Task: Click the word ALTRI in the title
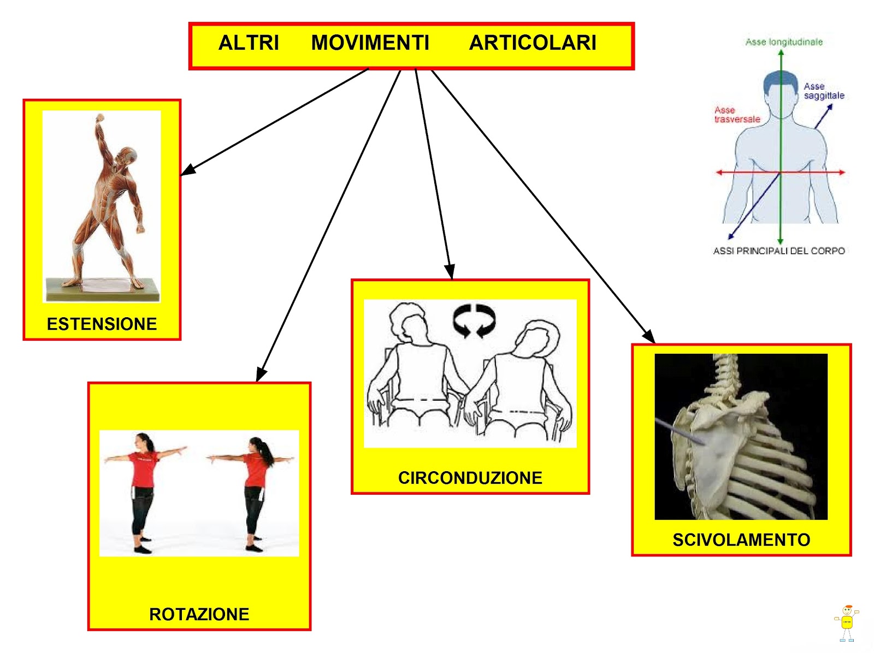coord(249,43)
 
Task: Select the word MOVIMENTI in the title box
coord(370,43)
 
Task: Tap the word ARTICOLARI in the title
coord(533,43)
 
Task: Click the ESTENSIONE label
coord(102,324)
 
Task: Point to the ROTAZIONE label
coord(199,614)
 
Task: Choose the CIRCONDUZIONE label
coord(470,478)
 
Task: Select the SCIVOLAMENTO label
coord(741,540)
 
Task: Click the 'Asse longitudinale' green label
coord(784,42)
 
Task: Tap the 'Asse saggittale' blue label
coord(824,91)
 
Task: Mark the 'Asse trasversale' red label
coord(737,115)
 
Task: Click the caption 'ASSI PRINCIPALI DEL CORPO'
coord(779,251)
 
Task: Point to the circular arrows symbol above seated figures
coord(474,320)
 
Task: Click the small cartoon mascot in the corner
coord(847,623)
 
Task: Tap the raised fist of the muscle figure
coord(99,118)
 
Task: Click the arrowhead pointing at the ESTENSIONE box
coord(188,170)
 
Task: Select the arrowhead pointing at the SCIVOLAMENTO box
coord(648,336)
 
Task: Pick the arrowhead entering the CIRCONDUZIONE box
coord(450,272)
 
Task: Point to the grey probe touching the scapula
coord(680,432)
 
